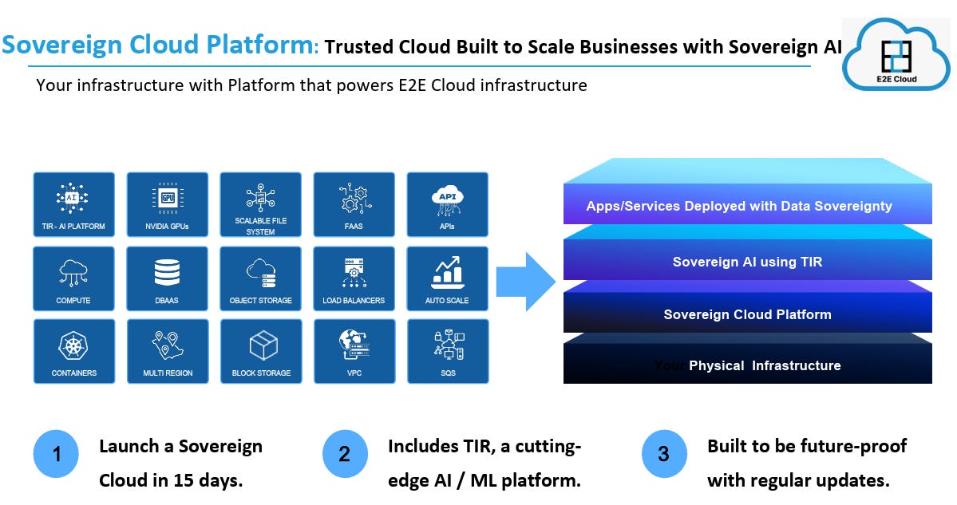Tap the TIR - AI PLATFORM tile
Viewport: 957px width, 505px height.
coord(73,204)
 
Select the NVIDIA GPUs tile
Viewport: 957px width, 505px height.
coord(168,204)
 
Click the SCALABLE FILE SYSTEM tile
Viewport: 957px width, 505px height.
coord(261,204)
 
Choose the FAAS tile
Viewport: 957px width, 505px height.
coord(354,204)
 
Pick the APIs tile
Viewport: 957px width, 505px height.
coord(448,204)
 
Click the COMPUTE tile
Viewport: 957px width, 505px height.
coord(73,278)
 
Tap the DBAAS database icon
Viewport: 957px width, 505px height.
coord(168,273)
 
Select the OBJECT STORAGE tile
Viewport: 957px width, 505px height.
coord(261,278)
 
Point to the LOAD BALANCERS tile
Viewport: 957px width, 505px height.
coord(354,278)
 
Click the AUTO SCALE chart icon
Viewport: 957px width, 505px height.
coord(448,271)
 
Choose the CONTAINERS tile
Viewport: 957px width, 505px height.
coord(73,351)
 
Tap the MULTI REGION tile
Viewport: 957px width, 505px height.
coord(168,351)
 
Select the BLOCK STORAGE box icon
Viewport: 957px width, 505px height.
coord(261,345)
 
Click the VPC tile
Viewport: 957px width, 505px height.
coord(354,351)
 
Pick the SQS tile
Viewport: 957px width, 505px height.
coord(448,351)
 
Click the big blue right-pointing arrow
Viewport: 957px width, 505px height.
coord(524,281)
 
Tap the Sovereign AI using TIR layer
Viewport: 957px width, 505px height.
coord(747,261)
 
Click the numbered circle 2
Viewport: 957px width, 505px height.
coord(344,454)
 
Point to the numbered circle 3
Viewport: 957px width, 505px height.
coord(663,454)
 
